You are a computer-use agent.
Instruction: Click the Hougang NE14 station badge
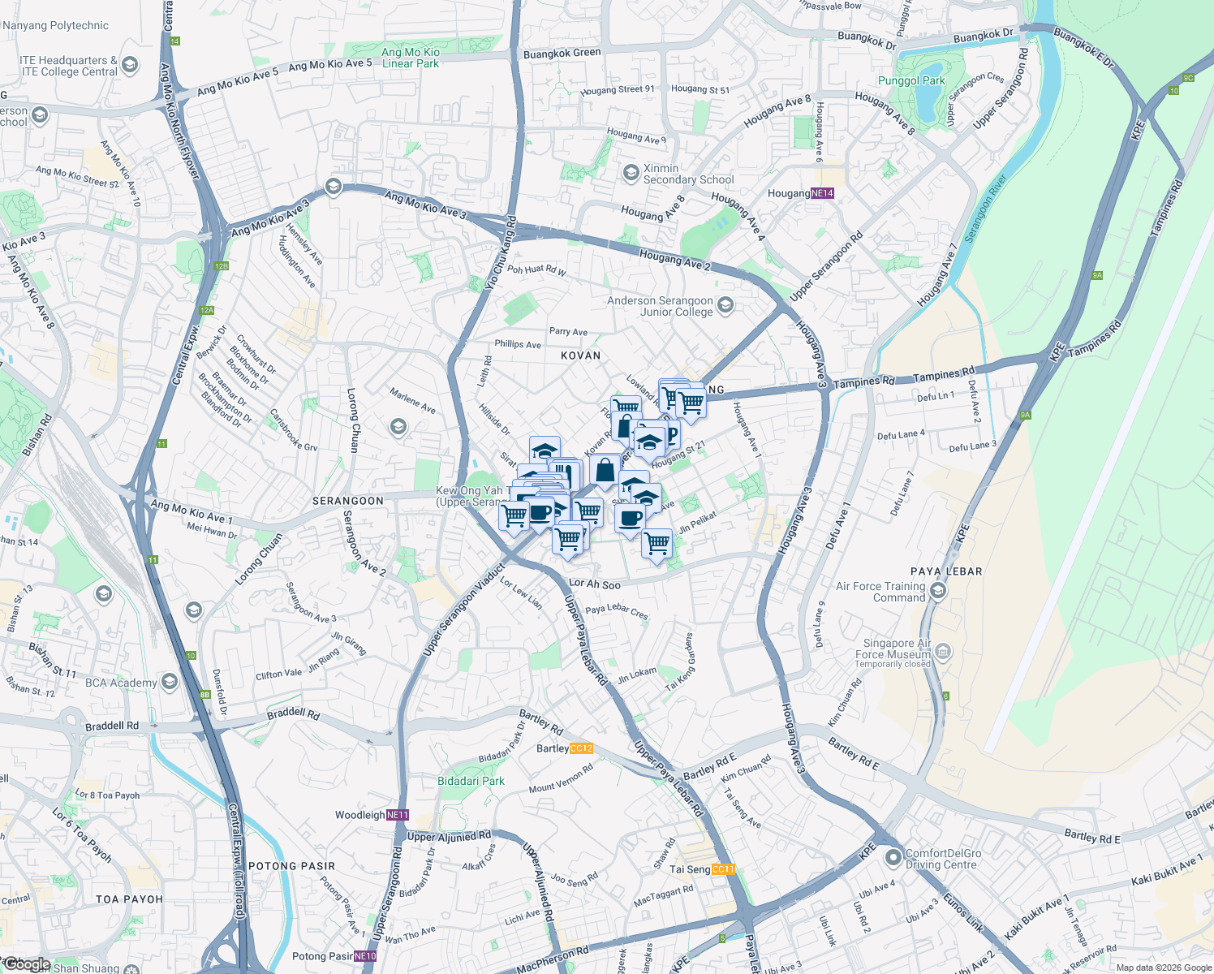822,193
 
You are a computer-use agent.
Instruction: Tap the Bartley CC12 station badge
581,748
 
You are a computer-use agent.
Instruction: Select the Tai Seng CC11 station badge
722,869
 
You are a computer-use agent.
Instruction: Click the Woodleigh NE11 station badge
398,815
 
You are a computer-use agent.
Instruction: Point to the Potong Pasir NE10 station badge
365,956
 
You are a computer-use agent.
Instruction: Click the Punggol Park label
911,80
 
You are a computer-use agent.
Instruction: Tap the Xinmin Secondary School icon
631,173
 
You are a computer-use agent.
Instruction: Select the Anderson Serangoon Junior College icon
725,305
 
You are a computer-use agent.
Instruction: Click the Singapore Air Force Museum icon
942,650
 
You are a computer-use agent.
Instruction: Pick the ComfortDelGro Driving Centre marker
893,857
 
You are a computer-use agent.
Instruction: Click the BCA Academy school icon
169,681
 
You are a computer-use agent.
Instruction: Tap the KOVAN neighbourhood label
581,356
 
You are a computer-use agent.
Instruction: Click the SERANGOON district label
348,501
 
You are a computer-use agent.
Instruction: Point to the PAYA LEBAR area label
946,571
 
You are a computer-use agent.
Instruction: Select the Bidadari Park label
471,781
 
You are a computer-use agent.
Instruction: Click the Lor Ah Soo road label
595,584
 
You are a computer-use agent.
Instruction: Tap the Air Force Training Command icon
938,590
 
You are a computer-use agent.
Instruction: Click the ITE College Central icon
130,65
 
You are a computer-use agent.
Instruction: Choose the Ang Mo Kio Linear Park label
411,58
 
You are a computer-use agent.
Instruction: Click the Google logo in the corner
26,964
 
